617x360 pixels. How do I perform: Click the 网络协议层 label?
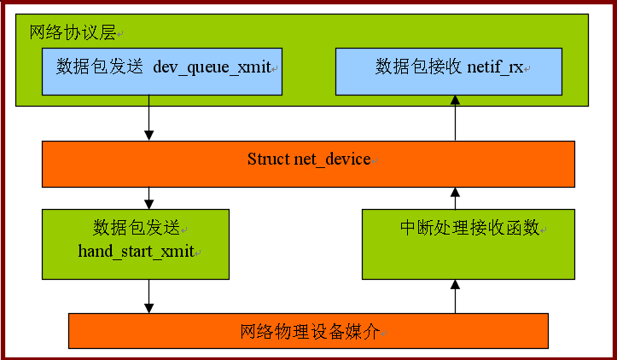coord(73,32)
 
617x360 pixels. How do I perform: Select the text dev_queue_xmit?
coord(212,67)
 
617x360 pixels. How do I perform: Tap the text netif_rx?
coord(495,67)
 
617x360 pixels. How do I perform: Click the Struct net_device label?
coord(309,160)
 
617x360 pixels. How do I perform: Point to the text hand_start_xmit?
coord(137,251)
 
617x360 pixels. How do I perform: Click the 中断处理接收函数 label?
coord(470,228)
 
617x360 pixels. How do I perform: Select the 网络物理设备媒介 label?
coord(310,331)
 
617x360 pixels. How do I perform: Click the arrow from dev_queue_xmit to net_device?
coord(148,118)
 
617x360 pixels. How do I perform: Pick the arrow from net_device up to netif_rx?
coord(455,118)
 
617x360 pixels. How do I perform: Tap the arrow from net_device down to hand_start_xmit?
coord(148,198)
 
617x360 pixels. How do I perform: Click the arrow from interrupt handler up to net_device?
coord(455,198)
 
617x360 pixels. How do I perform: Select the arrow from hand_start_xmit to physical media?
coord(148,296)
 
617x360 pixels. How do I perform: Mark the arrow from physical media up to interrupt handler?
coord(455,297)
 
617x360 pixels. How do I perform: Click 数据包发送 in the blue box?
coord(100,67)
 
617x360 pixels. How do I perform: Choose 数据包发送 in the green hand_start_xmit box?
coord(137,228)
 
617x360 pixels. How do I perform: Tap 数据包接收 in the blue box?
coord(418,67)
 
